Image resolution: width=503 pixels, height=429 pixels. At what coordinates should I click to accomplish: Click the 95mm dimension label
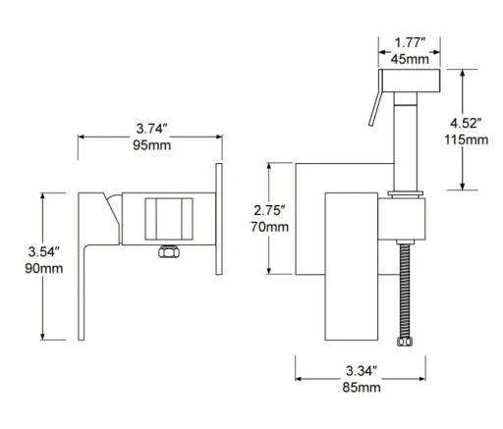[152, 145]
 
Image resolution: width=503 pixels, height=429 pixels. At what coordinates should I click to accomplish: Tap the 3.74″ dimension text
[152, 129]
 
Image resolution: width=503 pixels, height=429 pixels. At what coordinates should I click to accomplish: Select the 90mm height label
[44, 268]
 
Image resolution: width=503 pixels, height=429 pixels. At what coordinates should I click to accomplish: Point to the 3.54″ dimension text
[44, 251]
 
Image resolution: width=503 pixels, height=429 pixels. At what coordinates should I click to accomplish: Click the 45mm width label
[410, 59]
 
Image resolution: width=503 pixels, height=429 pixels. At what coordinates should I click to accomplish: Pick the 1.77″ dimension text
[410, 42]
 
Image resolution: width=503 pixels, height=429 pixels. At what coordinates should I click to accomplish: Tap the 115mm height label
[467, 139]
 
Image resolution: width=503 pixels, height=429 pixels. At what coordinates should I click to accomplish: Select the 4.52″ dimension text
[466, 123]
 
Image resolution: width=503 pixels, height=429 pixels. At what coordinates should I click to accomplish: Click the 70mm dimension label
[270, 227]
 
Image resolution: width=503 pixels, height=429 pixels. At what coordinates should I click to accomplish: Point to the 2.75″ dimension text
[270, 210]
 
